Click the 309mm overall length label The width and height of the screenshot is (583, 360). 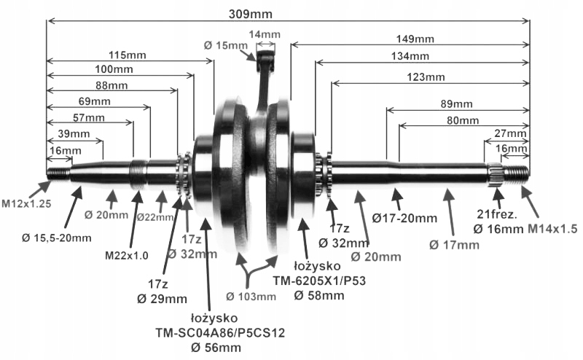coord(250,14)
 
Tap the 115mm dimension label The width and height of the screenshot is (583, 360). coord(127,55)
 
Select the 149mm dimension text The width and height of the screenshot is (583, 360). coord(415,39)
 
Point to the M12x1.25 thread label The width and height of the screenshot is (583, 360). coord(26,203)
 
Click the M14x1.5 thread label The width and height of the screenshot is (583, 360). coord(552,229)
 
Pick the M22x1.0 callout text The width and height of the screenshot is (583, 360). coord(126,256)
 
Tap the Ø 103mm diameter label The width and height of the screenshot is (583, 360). coord(251,297)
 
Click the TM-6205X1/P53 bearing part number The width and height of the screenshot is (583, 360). coord(319,281)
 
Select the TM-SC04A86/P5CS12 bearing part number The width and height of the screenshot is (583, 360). coord(220,332)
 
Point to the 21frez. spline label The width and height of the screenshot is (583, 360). coord(497,214)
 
